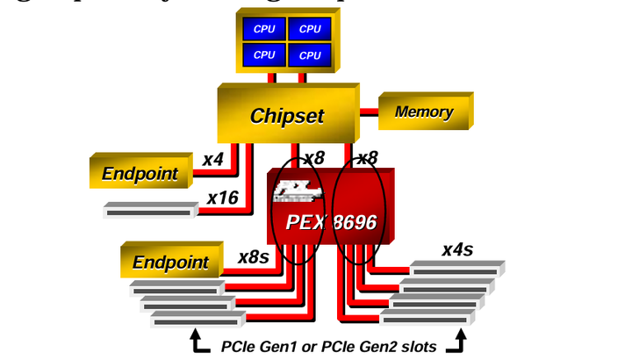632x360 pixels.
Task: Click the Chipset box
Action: tap(286, 116)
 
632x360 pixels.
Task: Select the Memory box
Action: tap(424, 112)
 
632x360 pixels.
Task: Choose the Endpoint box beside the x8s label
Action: tap(170, 262)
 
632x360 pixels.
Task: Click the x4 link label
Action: tap(213, 160)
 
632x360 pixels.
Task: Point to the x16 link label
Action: tap(223, 198)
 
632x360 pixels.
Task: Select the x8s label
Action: tap(255, 257)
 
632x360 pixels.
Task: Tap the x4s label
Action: tap(456, 249)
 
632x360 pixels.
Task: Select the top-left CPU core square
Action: tap(264, 29)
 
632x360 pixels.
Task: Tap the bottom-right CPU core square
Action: tap(310, 55)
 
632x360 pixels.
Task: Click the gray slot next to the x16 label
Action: tap(149, 211)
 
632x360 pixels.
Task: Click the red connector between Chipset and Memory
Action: tap(369, 112)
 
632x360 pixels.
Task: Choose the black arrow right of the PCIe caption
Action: tap(456, 342)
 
